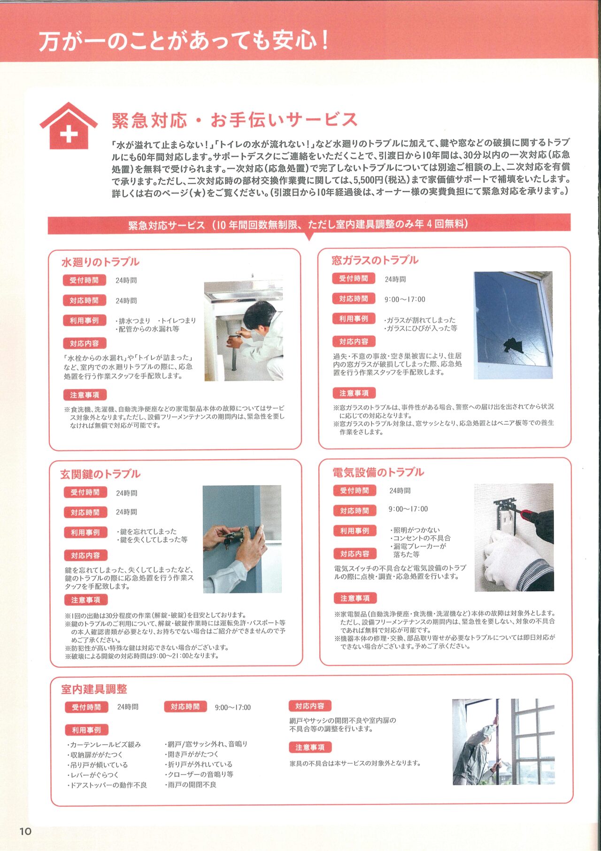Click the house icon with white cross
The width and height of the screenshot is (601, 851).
tap(69, 126)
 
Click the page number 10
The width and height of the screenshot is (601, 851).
tap(25, 831)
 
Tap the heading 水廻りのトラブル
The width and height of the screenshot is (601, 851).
tap(100, 262)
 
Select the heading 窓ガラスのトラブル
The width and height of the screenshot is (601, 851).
tap(375, 260)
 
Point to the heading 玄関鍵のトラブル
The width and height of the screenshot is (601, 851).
tap(100, 474)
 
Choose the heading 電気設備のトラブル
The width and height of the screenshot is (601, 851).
tap(378, 472)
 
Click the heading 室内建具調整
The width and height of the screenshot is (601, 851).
tap(94, 689)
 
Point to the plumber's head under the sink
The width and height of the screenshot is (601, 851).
tap(261, 314)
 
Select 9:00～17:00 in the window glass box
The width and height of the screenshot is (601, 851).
tap(405, 299)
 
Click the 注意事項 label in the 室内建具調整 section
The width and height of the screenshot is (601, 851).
tap(310, 747)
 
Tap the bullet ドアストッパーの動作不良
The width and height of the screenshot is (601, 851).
tap(108, 785)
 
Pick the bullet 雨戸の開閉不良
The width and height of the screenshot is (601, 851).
tap(192, 784)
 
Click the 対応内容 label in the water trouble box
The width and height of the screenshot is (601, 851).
tap(85, 343)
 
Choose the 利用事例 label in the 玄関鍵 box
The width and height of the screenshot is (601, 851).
tap(85, 532)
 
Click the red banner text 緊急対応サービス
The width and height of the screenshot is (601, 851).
tap(167, 225)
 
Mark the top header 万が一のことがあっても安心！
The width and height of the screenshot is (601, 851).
tap(183, 41)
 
